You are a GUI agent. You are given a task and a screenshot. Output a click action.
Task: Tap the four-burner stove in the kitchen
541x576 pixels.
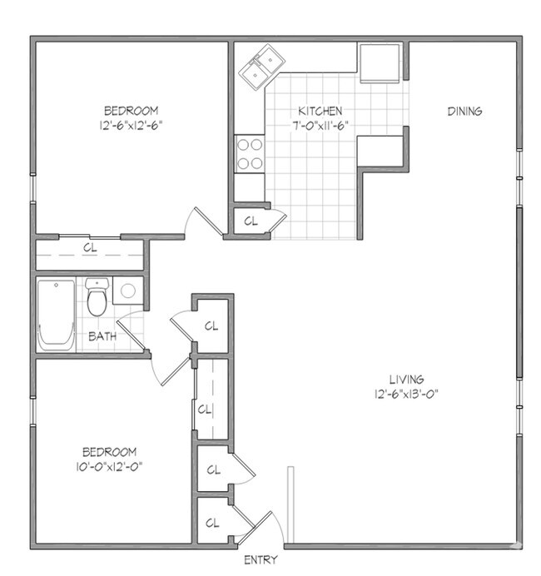250,152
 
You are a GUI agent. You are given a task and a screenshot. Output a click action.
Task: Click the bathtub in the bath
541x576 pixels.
56,314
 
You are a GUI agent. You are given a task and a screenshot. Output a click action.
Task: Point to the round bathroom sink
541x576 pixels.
127,291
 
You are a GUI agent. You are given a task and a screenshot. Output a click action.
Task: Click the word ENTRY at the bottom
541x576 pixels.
260,560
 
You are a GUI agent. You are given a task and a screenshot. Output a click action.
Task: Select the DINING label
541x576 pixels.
464,111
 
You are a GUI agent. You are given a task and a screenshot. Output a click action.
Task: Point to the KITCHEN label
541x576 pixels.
320,111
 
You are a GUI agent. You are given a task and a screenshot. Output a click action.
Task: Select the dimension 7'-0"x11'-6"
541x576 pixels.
320,125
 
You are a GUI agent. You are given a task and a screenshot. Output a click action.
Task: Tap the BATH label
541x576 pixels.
102,337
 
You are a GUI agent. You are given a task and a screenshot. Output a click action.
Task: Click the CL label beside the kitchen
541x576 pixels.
251,221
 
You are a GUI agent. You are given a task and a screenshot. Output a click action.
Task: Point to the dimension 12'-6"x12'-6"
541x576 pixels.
131,125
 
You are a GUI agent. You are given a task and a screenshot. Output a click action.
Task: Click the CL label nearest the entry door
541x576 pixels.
212,523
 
